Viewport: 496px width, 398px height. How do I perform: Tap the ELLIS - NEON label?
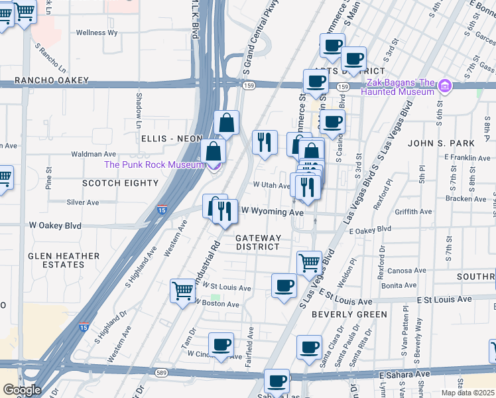(171, 138)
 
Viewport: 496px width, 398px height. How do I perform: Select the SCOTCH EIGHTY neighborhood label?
(120, 182)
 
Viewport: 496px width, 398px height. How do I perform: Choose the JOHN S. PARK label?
(441, 143)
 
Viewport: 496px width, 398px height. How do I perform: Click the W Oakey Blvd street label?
(55, 226)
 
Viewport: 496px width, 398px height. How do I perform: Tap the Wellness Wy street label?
(97, 32)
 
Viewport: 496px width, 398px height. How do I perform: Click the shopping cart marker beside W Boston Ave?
(182, 289)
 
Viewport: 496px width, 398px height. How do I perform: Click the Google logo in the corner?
(22, 389)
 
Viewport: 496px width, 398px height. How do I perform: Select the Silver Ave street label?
(83, 202)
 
